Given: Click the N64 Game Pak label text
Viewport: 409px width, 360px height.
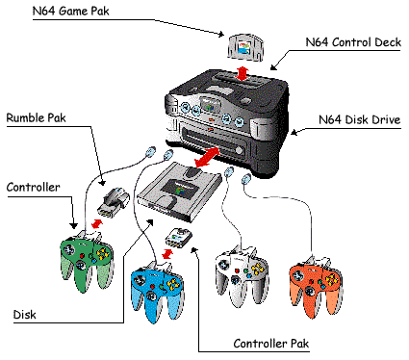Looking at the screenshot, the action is point(70,11).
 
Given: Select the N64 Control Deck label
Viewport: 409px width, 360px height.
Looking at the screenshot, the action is point(353,42).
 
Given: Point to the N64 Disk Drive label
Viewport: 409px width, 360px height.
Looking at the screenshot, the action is point(359,119).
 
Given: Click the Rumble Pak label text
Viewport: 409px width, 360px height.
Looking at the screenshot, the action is point(36,117).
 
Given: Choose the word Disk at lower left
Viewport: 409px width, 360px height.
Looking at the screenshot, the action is point(24,315).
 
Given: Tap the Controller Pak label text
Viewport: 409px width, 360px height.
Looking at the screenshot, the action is point(271,344).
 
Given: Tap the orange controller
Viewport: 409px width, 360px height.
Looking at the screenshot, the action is point(316,287).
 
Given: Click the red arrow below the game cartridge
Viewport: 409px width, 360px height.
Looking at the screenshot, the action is point(243,74).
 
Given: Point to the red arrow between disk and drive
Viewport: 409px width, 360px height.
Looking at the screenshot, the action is point(208,157).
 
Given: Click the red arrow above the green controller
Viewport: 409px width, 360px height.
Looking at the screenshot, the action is point(97,223).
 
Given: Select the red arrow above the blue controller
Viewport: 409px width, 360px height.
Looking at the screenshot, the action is point(166,254).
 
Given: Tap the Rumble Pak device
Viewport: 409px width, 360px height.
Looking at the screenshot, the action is point(114,202).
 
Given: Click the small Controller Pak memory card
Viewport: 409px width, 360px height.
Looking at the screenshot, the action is point(178,238).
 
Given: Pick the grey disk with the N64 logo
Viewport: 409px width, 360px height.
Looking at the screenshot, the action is point(179,192).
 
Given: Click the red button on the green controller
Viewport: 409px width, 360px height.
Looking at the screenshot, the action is point(82,256).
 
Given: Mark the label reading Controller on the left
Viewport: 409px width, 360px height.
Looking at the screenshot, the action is point(33,187).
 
